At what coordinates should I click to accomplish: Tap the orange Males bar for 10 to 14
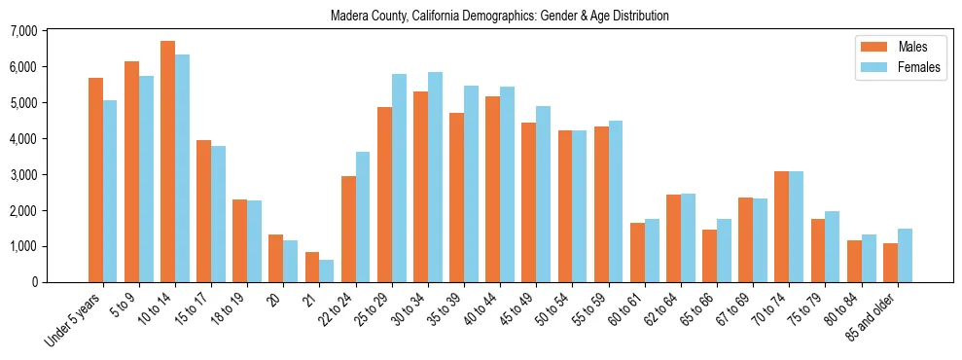point(167,162)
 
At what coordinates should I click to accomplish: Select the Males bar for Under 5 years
point(95,180)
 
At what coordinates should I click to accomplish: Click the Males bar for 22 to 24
point(348,229)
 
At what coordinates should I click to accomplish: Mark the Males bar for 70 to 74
point(781,227)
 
